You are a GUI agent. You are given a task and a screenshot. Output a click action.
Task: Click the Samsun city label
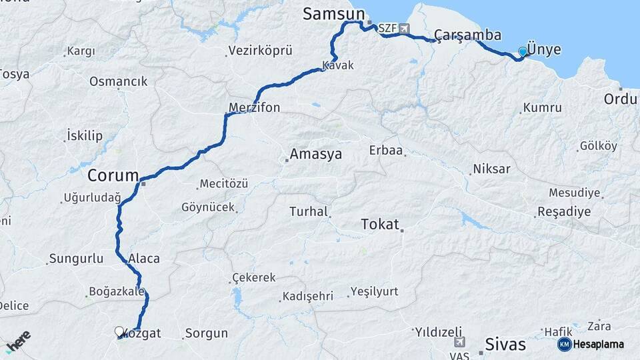(x=334, y=14)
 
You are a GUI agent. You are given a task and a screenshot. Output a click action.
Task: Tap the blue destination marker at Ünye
(x=523, y=51)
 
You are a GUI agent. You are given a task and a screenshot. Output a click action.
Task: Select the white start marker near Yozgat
(x=119, y=331)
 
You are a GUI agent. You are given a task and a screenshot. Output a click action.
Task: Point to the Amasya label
(x=315, y=155)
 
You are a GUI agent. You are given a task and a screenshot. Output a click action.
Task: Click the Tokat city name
(x=379, y=224)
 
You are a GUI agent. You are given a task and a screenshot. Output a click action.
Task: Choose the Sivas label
(x=505, y=345)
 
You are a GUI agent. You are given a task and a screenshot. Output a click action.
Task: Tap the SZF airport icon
(x=405, y=29)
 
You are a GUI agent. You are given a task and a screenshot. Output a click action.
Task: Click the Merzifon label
(x=254, y=107)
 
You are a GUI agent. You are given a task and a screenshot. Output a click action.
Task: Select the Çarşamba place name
(x=467, y=35)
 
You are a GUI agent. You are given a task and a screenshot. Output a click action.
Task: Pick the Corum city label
(x=113, y=175)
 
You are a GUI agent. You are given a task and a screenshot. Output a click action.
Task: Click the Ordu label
(x=620, y=99)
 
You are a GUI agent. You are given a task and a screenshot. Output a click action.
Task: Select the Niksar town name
(x=491, y=169)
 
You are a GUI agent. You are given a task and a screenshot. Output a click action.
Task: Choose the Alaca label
(x=144, y=259)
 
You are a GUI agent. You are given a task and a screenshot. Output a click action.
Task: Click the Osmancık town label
(x=118, y=81)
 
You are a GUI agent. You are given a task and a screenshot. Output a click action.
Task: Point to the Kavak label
(x=338, y=65)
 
